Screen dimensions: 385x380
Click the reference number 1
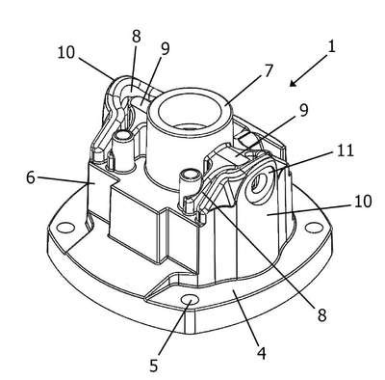(332, 46)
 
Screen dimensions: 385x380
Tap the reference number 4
(262, 354)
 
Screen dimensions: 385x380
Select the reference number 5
(154, 366)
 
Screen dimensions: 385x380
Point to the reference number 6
(31, 177)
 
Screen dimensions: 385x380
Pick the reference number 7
(269, 70)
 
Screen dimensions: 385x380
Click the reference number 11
(346, 150)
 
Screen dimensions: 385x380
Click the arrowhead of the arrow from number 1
(292, 84)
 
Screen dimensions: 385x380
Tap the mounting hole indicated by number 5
(190, 301)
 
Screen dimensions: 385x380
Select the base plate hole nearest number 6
(64, 228)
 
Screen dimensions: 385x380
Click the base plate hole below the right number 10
(311, 227)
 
